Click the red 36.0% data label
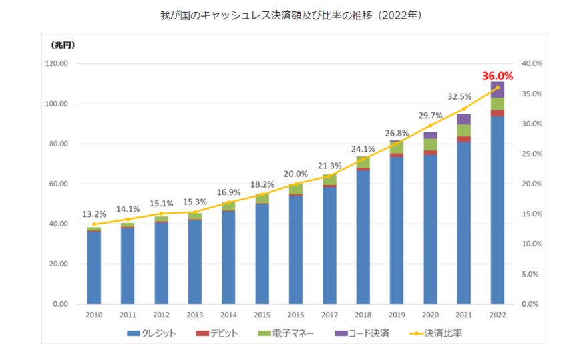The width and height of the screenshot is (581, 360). tap(498, 76)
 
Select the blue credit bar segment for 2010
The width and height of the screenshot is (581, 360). tap(94, 267)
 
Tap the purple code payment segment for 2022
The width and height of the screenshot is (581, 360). tap(498, 89)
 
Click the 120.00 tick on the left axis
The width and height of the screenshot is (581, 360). tap(61, 64)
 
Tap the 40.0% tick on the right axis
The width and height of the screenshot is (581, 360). tap(531, 64)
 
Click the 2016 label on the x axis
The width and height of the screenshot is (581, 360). tap(296, 314)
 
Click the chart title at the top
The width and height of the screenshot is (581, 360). tap(290, 15)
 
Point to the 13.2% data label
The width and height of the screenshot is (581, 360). tap(94, 214)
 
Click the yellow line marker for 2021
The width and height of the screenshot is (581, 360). tap(464, 108)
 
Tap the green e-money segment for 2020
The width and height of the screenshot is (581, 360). tap(430, 144)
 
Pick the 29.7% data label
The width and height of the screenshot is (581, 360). tap(430, 115)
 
